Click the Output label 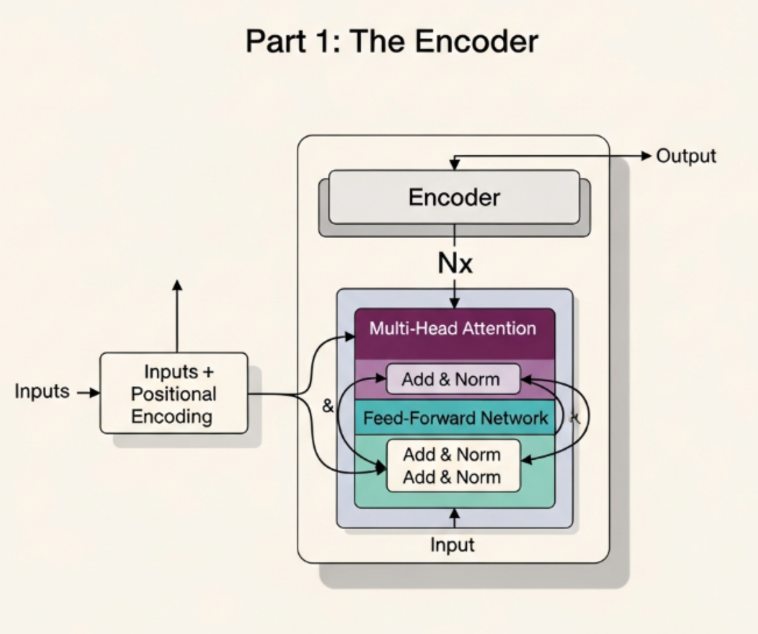click(x=686, y=156)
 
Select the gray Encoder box click(x=454, y=197)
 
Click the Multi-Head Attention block click(x=453, y=329)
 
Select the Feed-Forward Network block click(x=455, y=418)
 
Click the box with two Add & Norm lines click(x=452, y=466)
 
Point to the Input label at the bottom click(x=452, y=545)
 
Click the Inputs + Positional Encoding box click(x=174, y=393)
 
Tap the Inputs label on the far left click(x=42, y=392)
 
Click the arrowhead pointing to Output click(x=646, y=156)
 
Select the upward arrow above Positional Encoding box click(x=177, y=316)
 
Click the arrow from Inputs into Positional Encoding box click(x=88, y=393)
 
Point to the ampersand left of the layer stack click(x=327, y=407)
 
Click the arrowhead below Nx click(x=455, y=303)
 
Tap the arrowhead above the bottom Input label click(x=454, y=514)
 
